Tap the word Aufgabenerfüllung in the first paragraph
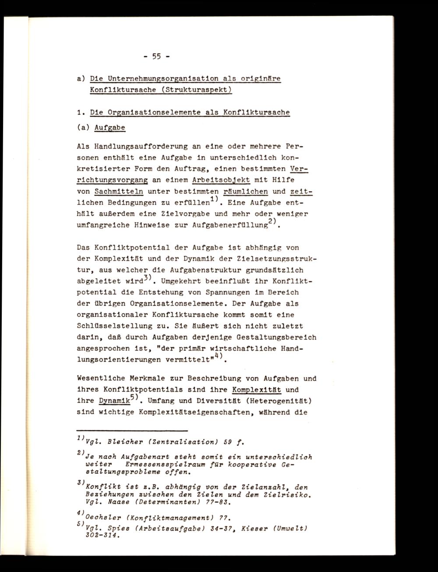pos(230,225)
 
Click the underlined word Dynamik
pos(114,401)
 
